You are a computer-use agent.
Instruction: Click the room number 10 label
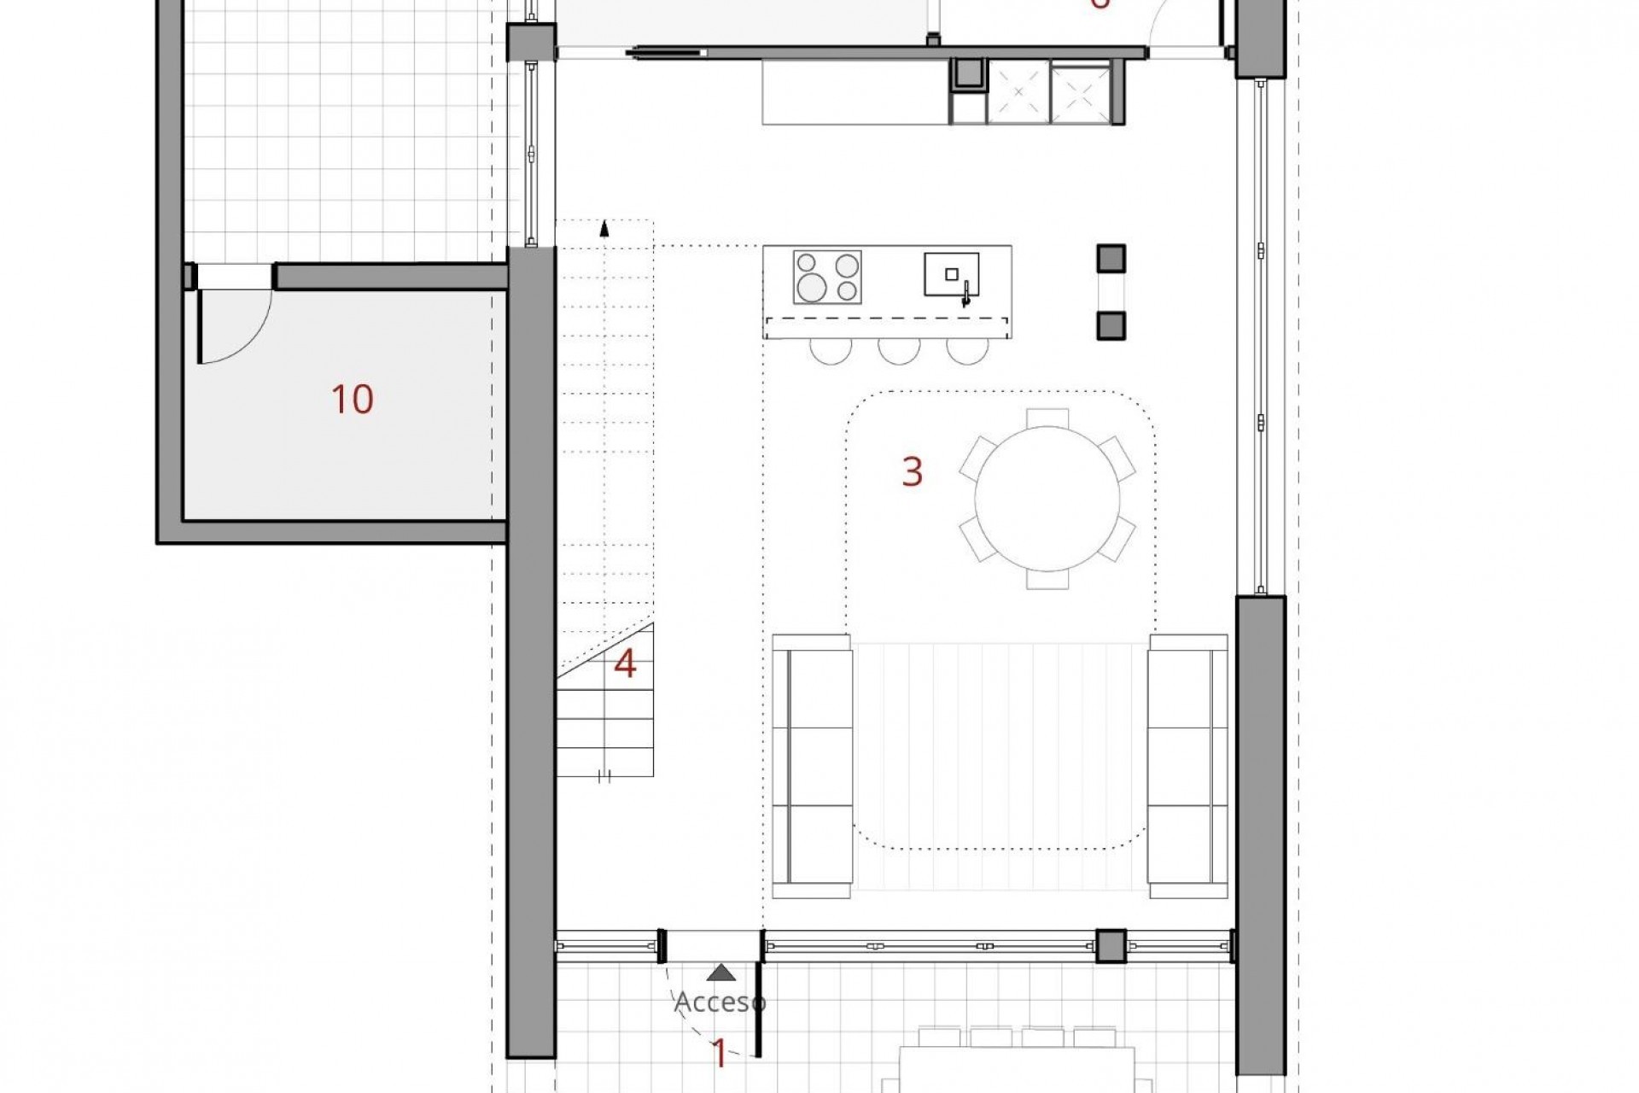tap(353, 400)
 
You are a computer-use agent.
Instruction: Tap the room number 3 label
tap(913, 471)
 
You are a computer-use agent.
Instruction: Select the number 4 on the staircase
tap(626, 664)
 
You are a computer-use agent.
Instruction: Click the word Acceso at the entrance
tap(720, 1002)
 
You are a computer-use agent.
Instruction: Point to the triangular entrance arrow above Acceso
tap(722, 972)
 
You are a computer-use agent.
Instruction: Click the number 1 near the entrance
tap(720, 1055)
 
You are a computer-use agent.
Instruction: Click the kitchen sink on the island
tap(951, 275)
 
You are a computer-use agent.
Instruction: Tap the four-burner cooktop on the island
tap(826, 277)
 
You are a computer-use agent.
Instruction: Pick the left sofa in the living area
tap(811, 765)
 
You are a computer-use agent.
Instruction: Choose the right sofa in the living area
tap(1187, 765)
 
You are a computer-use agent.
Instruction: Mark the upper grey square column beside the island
tap(1111, 258)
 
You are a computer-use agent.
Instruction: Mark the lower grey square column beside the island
tap(1111, 325)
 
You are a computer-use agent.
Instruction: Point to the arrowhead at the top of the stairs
tap(604, 228)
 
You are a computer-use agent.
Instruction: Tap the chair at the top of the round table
tap(1047, 418)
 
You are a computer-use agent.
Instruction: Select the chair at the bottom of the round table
tap(1047, 580)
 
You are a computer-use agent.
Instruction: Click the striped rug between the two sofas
tap(999, 765)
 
